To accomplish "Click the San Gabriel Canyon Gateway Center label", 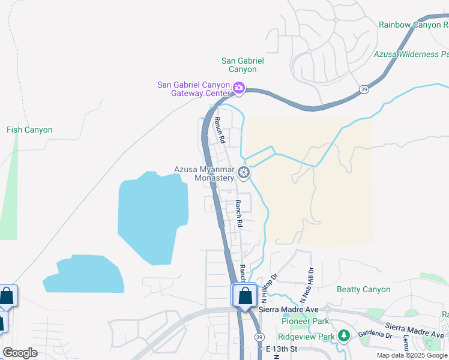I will click(193, 89).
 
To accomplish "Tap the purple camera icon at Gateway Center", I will click(239, 89).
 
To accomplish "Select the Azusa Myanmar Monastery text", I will click(204, 173).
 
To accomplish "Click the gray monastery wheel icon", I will click(243, 173).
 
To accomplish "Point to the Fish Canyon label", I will click(29, 130).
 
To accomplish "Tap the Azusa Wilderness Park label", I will click(411, 54).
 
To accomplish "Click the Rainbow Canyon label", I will click(414, 25).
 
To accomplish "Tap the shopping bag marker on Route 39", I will click(245, 296).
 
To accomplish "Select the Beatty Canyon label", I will click(363, 289).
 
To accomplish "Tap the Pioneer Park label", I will click(303, 322).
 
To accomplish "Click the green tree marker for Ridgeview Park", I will click(343, 335).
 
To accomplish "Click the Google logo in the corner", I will click(20, 353).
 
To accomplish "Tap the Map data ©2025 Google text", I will click(412, 355).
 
